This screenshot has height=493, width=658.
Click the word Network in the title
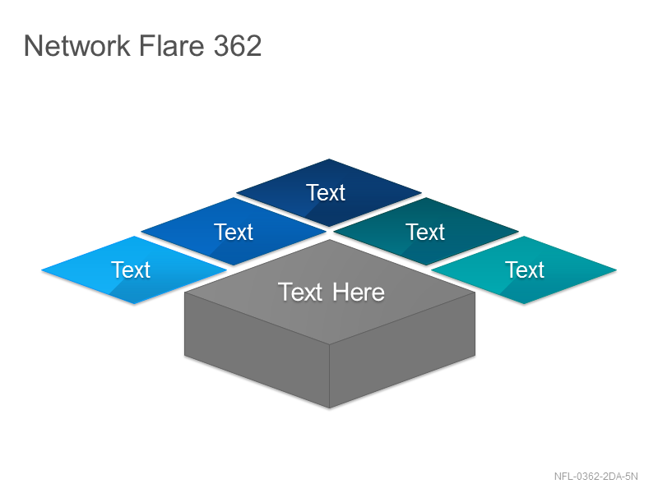(x=77, y=45)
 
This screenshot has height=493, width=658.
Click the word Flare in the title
(x=171, y=45)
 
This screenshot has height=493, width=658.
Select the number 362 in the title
(x=238, y=45)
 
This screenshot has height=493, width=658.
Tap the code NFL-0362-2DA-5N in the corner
(x=595, y=477)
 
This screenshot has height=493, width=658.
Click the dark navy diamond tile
(x=329, y=192)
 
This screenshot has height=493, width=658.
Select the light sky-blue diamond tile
(x=134, y=270)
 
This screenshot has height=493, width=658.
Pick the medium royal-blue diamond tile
(x=234, y=232)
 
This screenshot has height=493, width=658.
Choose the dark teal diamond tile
(x=426, y=232)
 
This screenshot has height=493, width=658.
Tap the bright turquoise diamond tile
(x=524, y=270)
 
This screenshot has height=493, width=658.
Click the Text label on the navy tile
(x=326, y=193)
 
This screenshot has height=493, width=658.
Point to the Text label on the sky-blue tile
(x=131, y=270)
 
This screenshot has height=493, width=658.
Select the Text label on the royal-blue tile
(x=234, y=232)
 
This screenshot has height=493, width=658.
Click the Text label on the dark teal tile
(x=425, y=232)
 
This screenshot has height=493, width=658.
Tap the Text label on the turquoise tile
(x=525, y=270)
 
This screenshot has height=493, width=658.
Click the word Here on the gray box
(x=359, y=293)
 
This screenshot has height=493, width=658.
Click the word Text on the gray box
(x=300, y=293)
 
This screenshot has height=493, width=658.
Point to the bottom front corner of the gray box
(x=330, y=408)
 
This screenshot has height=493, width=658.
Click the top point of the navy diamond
(x=329, y=159)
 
